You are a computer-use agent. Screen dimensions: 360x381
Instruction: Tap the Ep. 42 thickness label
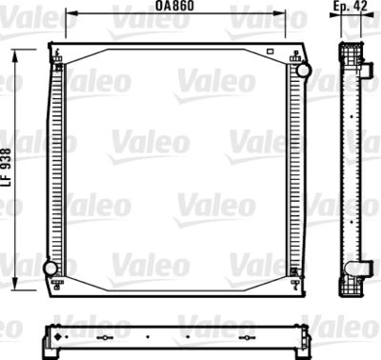(351, 7)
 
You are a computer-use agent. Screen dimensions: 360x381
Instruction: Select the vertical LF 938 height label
(7, 168)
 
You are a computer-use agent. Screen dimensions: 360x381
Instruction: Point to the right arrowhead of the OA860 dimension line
(284, 16)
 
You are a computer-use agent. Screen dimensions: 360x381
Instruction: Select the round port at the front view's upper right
(303, 70)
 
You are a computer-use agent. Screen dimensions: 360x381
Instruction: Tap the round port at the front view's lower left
(50, 269)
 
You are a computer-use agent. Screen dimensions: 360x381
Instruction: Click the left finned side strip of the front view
(54, 167)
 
